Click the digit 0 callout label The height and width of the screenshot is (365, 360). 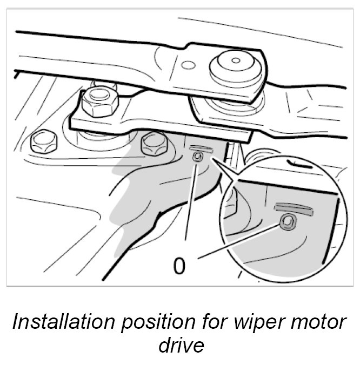pyautogui.click(x=180, y=266)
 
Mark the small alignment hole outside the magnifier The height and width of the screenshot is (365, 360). pyautogui.click(x=199, y=157)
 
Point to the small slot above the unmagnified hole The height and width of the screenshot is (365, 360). pyautogui.click(x=199, y=147)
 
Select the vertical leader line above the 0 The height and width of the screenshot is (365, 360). pyautogui.click(x=190, y=200)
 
